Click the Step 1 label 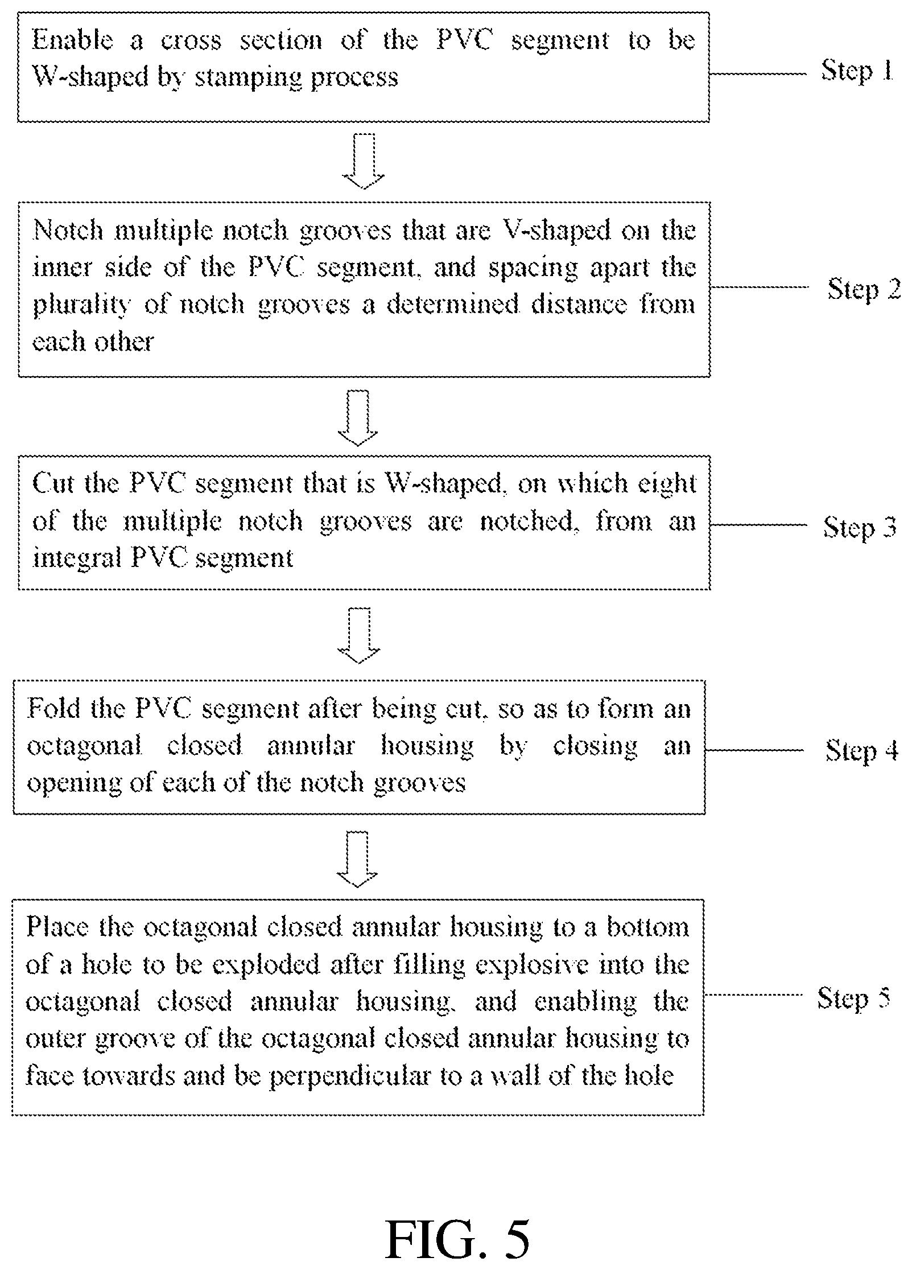coord(857,72)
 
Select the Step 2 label coord(864,290)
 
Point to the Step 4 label coord(862,750)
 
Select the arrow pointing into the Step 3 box coord(358,418)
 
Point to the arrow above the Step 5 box coord(357,860)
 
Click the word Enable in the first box coord(72,40)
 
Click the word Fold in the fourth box coord(55,709)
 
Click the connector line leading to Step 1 coord(758,73)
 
